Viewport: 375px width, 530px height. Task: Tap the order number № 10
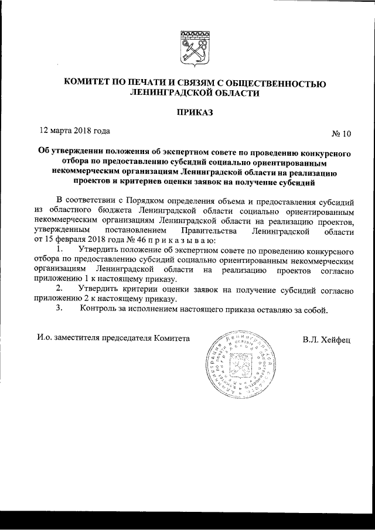[x=341, y=134]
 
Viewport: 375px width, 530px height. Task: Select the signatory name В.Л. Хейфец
[x=326, y=339]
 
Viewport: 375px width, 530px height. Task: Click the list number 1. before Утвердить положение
[x=60, y=250]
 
